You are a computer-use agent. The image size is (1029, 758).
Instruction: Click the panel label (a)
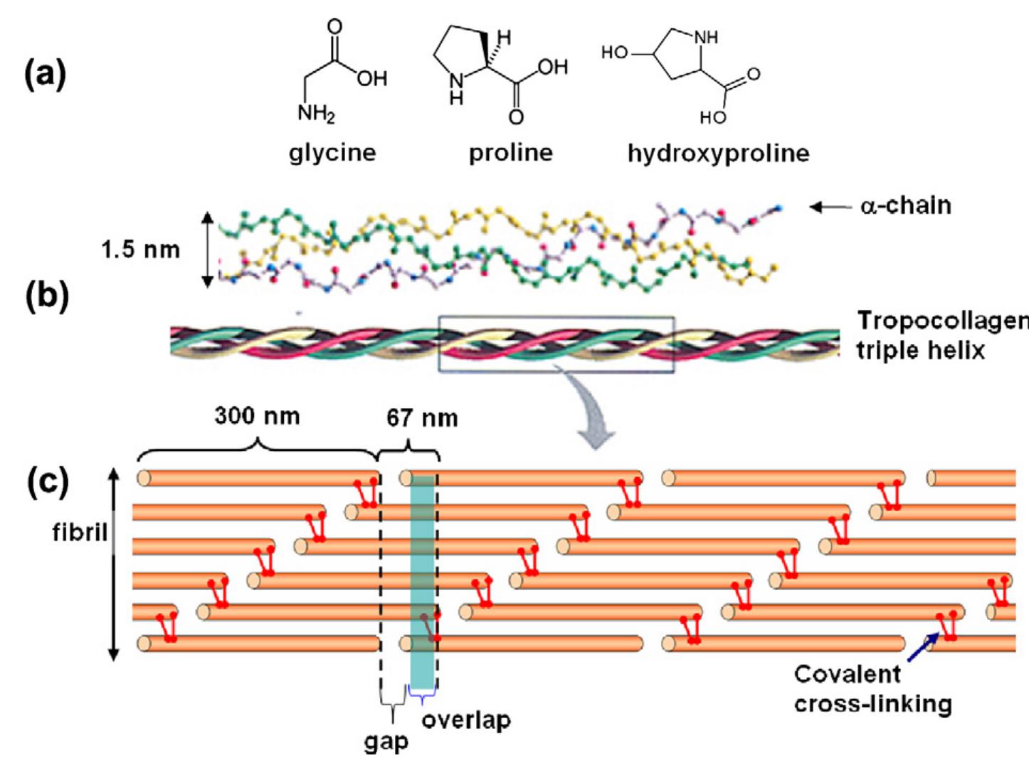(x=46, y=73)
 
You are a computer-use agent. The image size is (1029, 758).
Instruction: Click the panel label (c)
(x=47, y=481)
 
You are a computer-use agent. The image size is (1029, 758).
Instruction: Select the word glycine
(x=332, y=153)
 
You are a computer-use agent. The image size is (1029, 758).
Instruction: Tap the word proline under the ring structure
(x=510, y=153)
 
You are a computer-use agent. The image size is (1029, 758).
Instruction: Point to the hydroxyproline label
(x=718, y=153)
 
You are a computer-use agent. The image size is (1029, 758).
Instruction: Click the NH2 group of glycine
(x=316, y=113)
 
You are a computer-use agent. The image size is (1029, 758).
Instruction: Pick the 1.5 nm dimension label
(x=140, y=250)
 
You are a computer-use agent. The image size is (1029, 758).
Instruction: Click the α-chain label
(x=905, y=205)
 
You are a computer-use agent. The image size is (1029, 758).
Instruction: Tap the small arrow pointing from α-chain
(x=830, y=207)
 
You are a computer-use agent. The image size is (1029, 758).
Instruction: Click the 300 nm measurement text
(x=257, y=416)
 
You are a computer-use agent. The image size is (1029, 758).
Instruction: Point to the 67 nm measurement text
(x=422, y=417)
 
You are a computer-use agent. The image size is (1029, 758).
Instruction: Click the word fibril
(x=80, y=532)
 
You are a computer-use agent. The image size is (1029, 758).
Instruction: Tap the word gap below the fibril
(x=386, y=741)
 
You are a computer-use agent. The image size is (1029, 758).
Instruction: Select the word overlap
(x=466, y=720)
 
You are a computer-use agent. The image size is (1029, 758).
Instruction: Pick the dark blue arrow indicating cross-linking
(x=923, y=647)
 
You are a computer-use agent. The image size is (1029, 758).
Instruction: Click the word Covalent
(x=847, y=673)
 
